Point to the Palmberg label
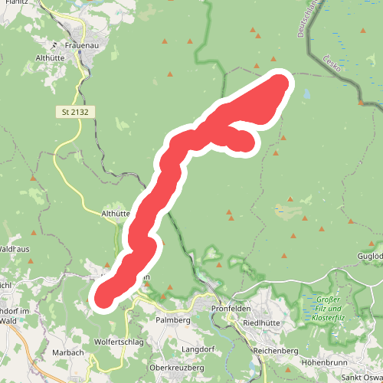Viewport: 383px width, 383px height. tap(172, 319)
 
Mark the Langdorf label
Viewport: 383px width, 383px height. tap(198, 349)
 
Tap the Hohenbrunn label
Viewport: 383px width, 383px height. tap(327, 358)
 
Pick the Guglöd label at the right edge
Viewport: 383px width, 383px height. tap(370, 256)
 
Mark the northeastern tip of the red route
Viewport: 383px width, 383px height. tap(282, 81)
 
